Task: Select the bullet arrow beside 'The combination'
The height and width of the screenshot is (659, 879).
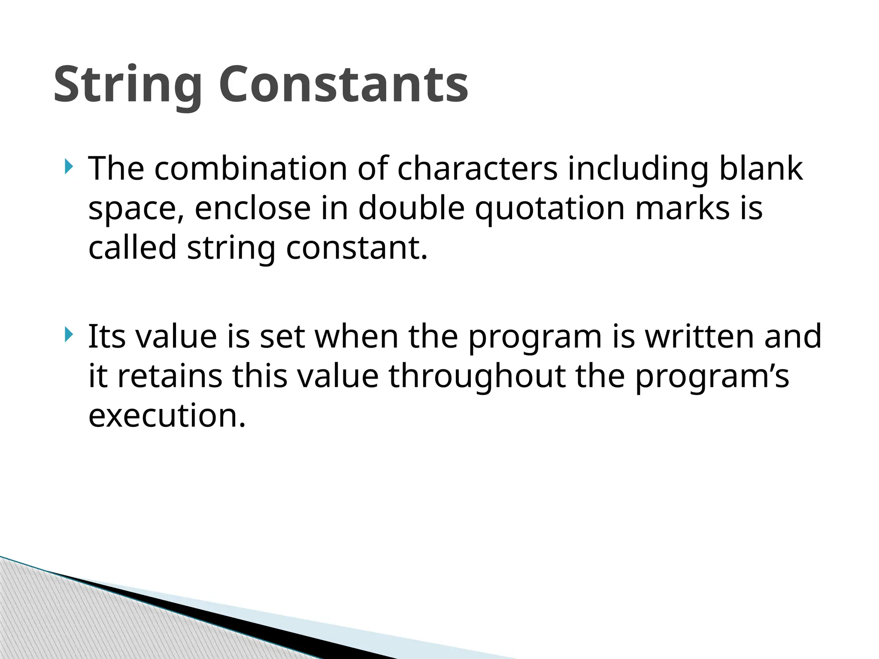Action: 69,166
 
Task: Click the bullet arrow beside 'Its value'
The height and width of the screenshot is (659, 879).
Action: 69,334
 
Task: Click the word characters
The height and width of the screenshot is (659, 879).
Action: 477,168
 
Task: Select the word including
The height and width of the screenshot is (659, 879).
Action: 638,168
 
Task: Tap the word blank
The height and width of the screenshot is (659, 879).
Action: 761,168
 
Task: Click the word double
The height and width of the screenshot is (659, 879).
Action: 411,208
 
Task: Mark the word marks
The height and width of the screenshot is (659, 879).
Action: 682,208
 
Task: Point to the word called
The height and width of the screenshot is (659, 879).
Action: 132,248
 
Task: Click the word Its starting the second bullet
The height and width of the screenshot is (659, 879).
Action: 106,336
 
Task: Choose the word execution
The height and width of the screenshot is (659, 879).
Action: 167,416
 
